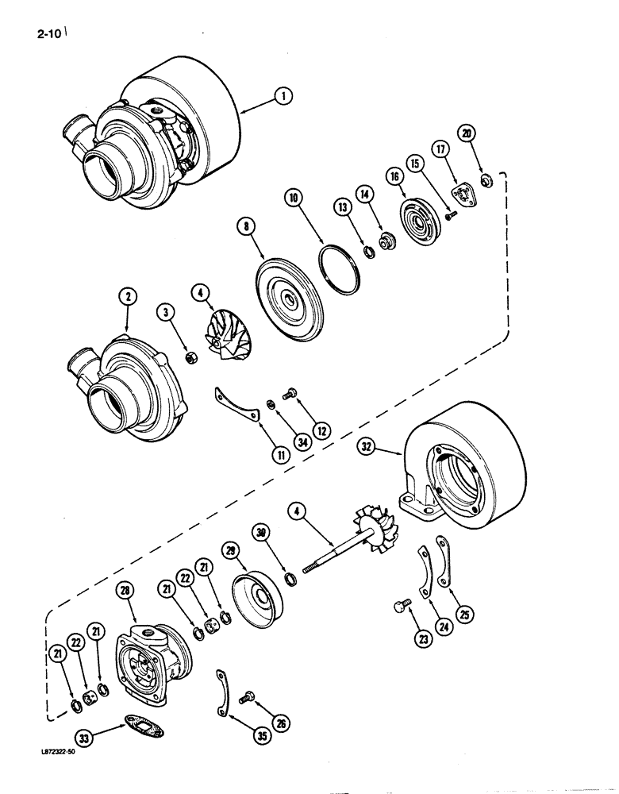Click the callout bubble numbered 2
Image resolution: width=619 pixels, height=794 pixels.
[129, 299]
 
